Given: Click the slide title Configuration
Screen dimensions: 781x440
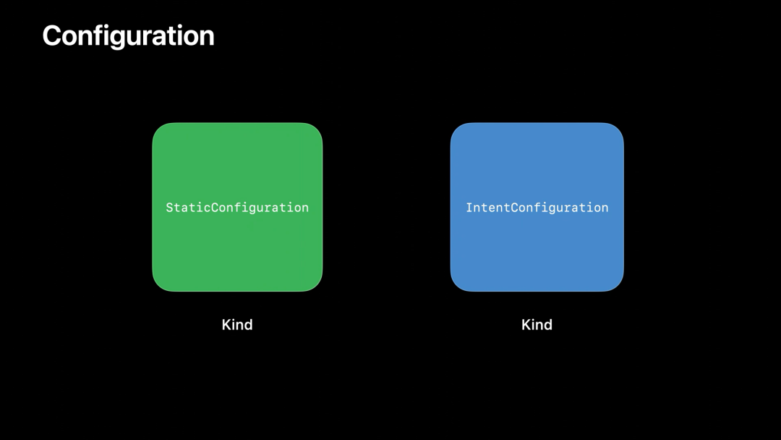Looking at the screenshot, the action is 129,37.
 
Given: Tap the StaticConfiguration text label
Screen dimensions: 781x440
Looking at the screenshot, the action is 237,208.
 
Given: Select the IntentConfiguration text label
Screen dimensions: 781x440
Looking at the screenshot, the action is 537,208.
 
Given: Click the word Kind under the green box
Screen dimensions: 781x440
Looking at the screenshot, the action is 237,325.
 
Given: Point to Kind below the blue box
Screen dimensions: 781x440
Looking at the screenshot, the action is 537,325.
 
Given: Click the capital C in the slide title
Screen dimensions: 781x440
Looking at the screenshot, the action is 53,36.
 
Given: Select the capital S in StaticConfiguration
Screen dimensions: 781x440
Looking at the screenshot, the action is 169,207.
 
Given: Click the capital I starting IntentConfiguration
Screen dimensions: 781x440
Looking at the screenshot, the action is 469,207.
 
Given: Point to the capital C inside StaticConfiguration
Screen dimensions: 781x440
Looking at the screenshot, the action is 215,207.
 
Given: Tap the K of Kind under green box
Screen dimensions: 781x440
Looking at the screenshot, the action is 226,325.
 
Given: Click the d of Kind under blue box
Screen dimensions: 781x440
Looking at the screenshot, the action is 548,325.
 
